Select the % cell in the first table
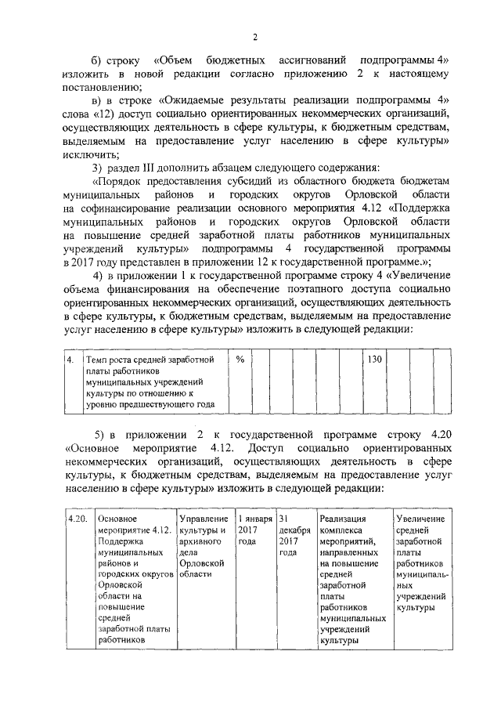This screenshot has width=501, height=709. [240, 360]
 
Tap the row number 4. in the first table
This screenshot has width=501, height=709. [70, 360]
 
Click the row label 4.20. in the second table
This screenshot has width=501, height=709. [77, 519]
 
